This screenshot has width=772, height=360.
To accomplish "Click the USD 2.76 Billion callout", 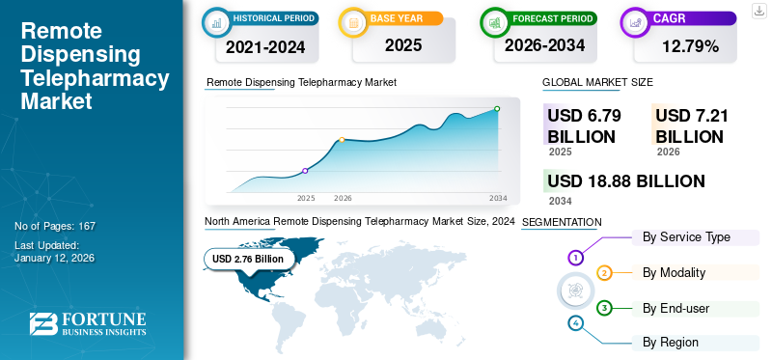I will point(248,259).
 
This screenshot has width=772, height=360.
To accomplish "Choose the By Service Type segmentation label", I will point(686,236).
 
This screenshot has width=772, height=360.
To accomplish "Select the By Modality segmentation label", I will point(674,272).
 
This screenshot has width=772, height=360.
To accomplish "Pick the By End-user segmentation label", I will point(676,308).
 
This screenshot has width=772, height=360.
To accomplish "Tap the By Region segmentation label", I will point(671,342).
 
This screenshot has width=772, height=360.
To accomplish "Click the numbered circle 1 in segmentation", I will point(575,258).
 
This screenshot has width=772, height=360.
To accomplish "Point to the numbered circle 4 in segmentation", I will point(576,322).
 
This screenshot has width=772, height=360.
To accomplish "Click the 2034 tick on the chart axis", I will point(498,198).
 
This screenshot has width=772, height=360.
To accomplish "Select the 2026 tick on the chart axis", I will point(343,198).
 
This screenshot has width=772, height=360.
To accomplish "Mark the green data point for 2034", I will point(497,109).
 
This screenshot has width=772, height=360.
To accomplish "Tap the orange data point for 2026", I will point(342,140).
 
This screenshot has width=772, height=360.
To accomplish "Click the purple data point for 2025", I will point(306,171).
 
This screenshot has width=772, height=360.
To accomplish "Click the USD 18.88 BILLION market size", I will point(625,181).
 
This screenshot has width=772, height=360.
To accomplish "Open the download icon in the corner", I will point(758,11).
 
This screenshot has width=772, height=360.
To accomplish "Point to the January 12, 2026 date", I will point(54,260).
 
